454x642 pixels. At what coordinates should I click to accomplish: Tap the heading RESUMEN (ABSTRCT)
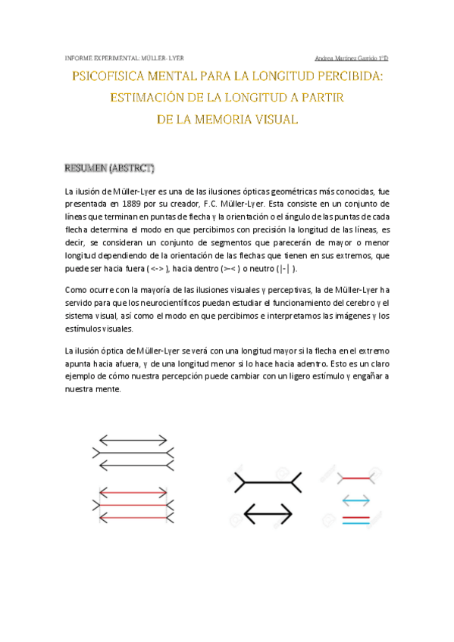(x=109, y=167)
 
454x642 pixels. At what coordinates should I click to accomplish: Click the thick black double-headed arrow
(x=268, y=515)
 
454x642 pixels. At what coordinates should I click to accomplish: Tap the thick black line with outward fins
(x=268, y=480)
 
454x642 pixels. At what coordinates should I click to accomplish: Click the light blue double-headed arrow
(x=355, y=500)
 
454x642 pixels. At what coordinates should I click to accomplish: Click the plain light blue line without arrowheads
(x=355, y=522)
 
